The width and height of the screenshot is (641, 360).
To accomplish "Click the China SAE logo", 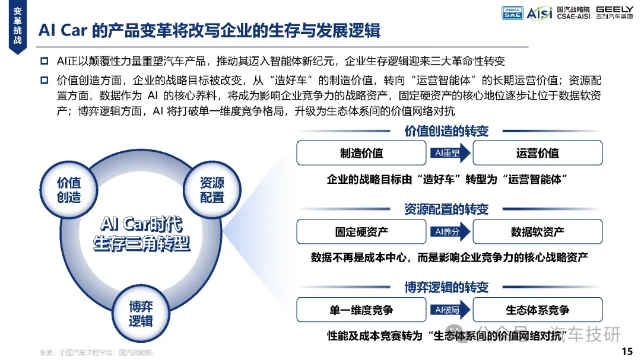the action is [512, 12].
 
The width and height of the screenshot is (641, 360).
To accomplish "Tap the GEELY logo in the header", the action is [614, 12].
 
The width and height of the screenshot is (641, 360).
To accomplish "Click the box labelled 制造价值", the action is [361, 153].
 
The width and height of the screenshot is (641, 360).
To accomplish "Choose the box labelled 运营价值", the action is [537, 153].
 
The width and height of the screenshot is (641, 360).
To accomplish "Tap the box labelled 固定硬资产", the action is [361, 231].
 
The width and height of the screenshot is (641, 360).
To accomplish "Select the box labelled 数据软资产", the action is [537, 231].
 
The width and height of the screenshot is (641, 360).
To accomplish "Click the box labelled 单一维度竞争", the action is [361, 310].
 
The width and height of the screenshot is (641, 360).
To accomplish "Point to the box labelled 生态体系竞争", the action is [537, 310].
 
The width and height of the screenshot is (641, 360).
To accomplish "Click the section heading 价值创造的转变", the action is [446, 131].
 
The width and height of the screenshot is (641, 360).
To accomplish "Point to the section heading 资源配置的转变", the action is [446, 209].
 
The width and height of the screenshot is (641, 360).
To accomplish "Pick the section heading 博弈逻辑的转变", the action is [446, 288].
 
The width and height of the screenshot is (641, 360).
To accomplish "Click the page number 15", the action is [627, 352].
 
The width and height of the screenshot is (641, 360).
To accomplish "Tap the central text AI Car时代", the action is [141, 224].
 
